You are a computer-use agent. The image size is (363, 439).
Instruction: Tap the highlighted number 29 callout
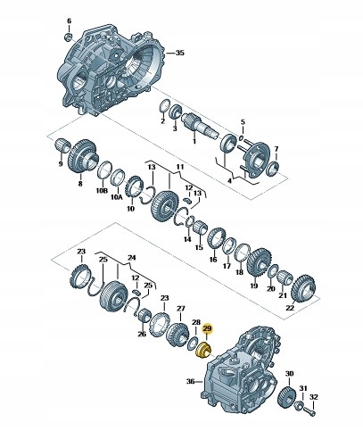pyautogui.click(x=207, y=328)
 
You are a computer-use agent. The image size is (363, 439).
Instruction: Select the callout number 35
pyautogui.click(x=180, y=53)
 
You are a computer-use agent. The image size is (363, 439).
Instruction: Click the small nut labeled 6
pyautogui.click(x=68, y=37)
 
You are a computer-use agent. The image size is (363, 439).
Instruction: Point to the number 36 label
pyautogui.click(x=191, y=381)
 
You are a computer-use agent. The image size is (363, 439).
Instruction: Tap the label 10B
pyautogui.click(x=102, y=190)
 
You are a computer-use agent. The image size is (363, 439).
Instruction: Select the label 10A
pyautogui.click(x=117, y=196)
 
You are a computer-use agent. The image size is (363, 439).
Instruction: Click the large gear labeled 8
pyautogui.click(x=83, y=155)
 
